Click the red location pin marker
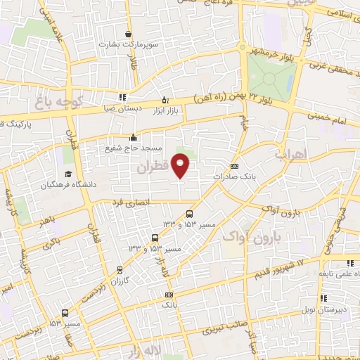[x=181, y=165]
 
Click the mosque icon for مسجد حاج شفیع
[x=133, y=138]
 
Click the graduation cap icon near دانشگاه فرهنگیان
[x=68, y=174]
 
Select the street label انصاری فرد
[x=129, y=202]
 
